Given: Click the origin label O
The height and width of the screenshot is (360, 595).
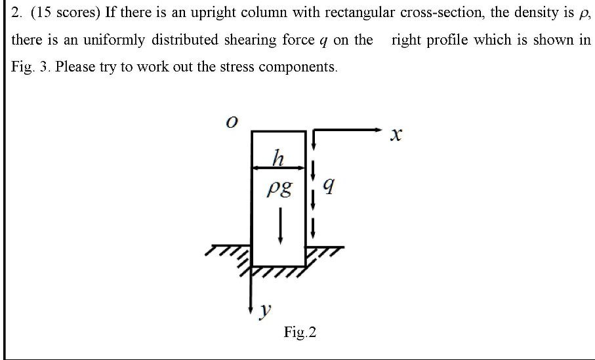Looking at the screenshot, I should point(230,122).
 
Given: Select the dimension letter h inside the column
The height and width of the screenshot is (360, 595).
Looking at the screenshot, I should point(279,158).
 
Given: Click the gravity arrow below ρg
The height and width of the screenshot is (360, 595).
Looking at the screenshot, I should point(281,226).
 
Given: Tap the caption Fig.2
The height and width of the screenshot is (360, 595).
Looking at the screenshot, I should point(300,332).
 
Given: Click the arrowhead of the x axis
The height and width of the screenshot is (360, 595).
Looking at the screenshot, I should point(378,129).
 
